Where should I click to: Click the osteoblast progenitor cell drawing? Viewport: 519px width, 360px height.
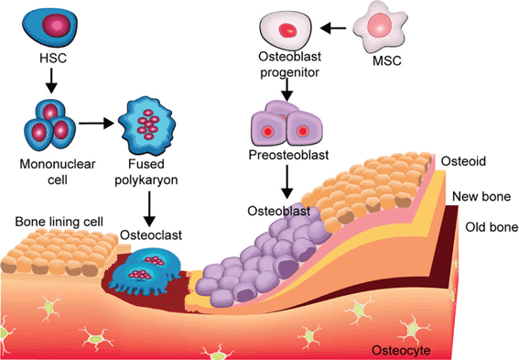(287, 29)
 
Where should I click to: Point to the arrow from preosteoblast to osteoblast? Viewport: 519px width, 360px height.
(287, 182)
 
